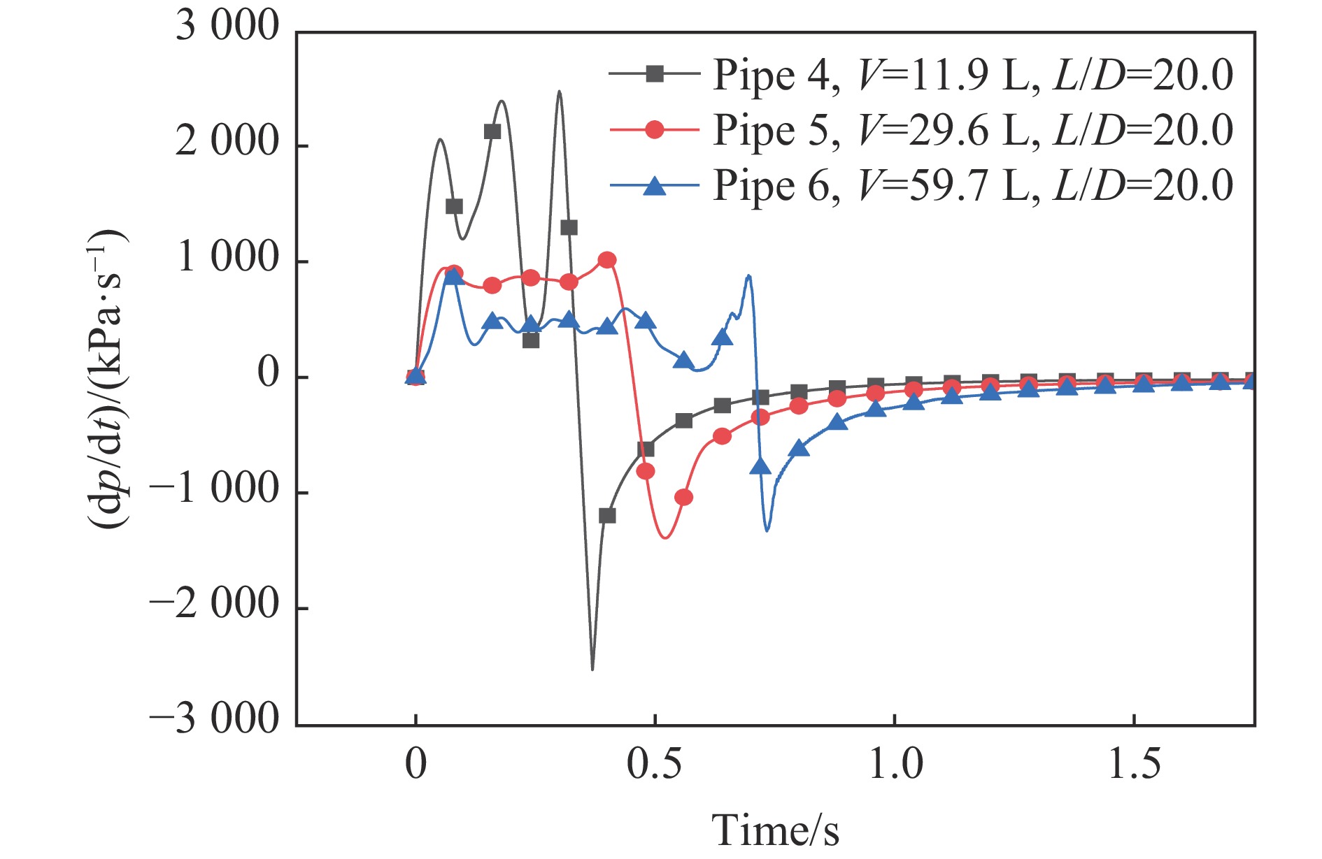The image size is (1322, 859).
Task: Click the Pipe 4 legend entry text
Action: point(972,75)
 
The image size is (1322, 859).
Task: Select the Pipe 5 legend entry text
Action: point(972,130)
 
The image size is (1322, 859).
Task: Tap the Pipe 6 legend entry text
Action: point(972,185)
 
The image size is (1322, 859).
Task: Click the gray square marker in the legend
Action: point(654,73)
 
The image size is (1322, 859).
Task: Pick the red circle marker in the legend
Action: point(654,129)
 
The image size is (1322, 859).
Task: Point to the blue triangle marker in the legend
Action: point(654,185)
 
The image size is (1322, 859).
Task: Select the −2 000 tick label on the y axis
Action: point(214,604)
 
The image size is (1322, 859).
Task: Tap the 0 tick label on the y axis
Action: point(268,374)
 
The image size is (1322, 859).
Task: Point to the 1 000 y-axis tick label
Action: point(227,258)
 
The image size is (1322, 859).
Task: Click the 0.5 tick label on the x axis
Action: point(654,765)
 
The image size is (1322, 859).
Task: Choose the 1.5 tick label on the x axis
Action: point(1134,765)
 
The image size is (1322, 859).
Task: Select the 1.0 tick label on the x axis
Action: point(895,765)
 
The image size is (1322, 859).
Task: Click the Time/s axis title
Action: point(775,830)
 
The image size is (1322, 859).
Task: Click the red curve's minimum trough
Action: point(665,537)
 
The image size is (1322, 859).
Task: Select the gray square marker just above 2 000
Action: point(492,131)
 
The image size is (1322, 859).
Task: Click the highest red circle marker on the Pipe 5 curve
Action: point(607,260)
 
